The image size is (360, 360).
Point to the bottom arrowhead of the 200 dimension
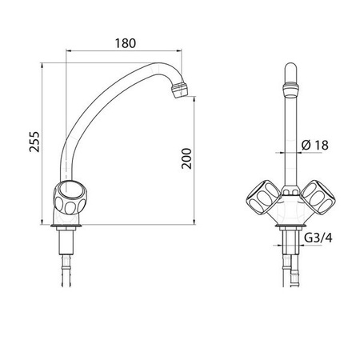click(196, 222)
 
